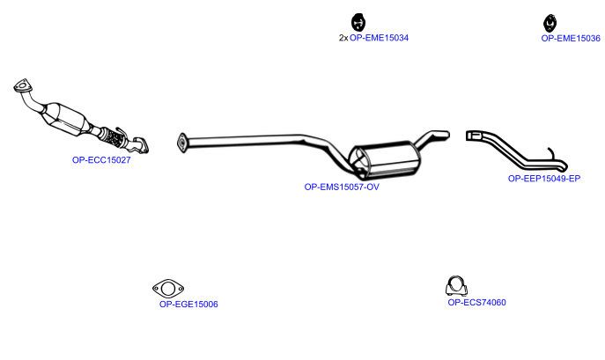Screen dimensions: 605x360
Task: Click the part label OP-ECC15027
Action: pyautogui.click(x=101, y=159)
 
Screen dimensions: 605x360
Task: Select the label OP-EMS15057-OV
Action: pyautogui.click(x=342, y=187)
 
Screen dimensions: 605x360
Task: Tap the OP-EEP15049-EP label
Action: pyautogui.click(x=544, y=179)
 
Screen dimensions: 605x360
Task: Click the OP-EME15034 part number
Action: pyautogui.click(x=379, y=38)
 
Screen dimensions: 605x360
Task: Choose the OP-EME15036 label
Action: pyautogui.click(x=571, y=38)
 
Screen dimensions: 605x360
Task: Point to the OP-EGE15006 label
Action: pyautogui.click(x=188, y=304)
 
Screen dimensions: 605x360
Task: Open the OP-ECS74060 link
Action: pyautogui.click(x=476, y=302)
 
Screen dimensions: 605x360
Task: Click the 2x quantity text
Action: pyautogui.click(x=343, y=38)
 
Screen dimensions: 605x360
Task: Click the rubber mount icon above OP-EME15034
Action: pyautogui.click(x=358, y=22)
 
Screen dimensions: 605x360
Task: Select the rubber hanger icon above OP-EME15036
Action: pyautogui.click(x=550, y=23)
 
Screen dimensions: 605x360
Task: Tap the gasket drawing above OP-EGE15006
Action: pyautogui.click(x=168, y=288)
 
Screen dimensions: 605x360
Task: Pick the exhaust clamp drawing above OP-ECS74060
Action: pyautogui.click(x=456, y=286)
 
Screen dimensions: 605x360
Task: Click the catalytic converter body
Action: pyautogui.click(x=65, y=119)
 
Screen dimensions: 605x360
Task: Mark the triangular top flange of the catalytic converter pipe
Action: pyautogui.click(x=22, y=85)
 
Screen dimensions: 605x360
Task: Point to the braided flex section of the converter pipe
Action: pyautogui.click(x=112, y=136)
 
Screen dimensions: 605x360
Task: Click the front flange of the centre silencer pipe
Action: pyautogui.click(x=181, y=143)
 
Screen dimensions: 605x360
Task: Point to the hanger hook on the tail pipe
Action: pyautogui.click(x=552, y=154)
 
